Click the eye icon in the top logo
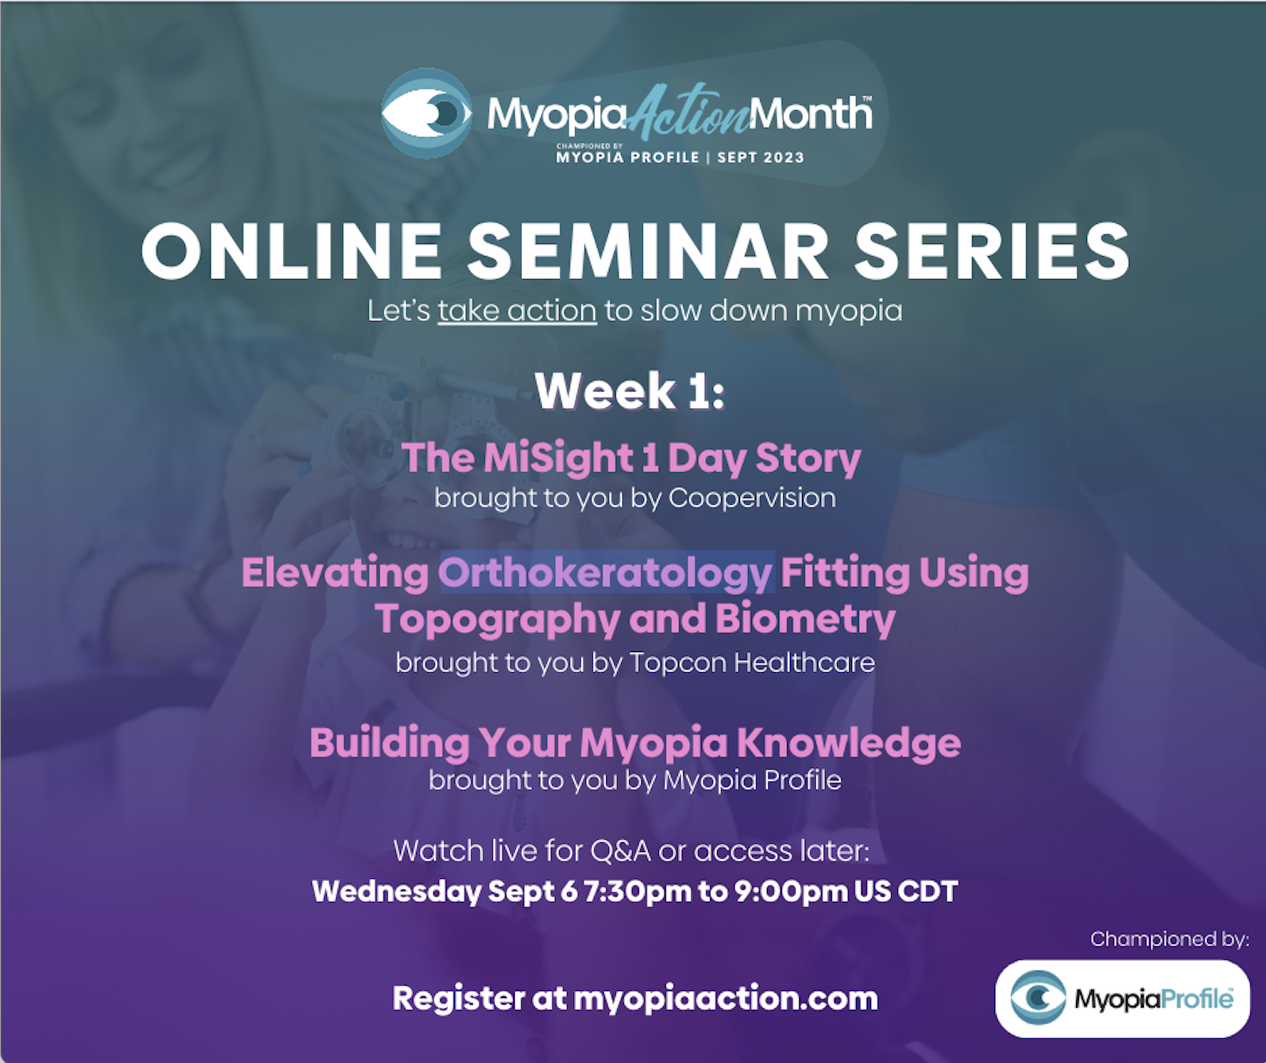(x=426, y=113)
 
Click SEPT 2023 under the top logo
(x=760, y=157)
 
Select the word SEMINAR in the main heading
(x=648, y=252)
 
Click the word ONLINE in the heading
(x=292, y=252)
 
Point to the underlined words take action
(x=517, y=311)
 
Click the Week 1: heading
(x=630, y=391)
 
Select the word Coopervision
(x=752, y=498)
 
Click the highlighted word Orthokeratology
(x=605, y=574)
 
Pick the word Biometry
(x=805, y=620)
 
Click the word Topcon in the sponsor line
(x=677, y=663)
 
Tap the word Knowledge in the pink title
(x=848, y=743)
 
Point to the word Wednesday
(x=396, y=892)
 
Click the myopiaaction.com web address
(x=725, y=999)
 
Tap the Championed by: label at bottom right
(x=1169, y=939)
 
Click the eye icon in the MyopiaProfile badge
(x=1038, y=998)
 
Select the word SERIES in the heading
(x=992, y=252)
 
